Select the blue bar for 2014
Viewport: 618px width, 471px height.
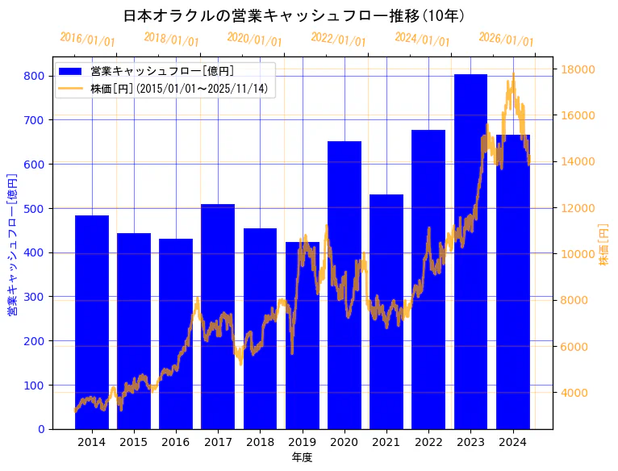click(91, 322)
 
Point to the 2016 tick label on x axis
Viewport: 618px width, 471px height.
click(176, 442)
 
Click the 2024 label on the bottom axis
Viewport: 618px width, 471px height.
click(512, 442)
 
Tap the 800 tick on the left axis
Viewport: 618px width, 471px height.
click(34, 76)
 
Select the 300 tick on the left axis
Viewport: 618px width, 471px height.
click(34, 297)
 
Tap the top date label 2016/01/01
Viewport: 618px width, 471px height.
click(87, 40)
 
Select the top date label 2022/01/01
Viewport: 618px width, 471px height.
click(338, 40)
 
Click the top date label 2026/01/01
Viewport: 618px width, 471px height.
click(506, 40)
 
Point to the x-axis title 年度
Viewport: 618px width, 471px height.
click(302, 457)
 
